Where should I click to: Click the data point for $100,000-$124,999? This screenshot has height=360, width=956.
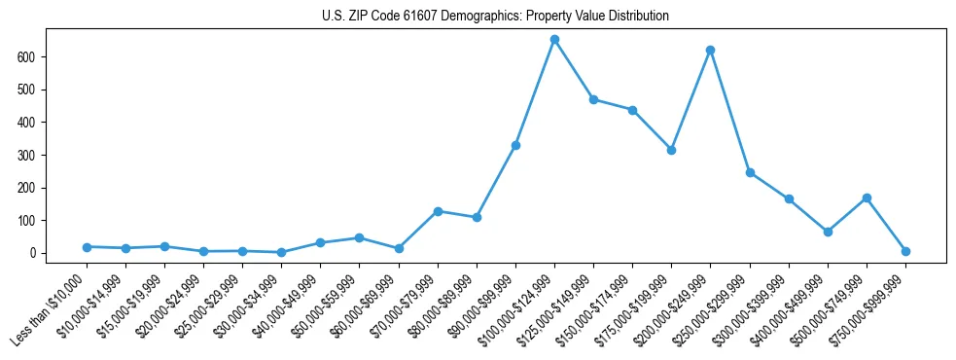(554, 40)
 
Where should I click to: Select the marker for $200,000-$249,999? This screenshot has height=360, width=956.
(710, 50)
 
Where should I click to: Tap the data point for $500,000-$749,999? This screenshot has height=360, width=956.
(867, 198)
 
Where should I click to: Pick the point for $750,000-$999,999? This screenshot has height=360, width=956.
(905, 251)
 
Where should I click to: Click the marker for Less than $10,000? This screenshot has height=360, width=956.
(87, 247)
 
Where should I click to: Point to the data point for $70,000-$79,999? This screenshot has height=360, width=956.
(438, 211)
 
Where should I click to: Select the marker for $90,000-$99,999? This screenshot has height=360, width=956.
(515, 145)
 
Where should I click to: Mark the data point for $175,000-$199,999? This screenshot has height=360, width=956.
(671, 150)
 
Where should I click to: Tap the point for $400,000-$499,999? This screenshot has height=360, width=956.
(828, 232)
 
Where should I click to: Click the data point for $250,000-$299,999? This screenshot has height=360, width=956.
(749, 172)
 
